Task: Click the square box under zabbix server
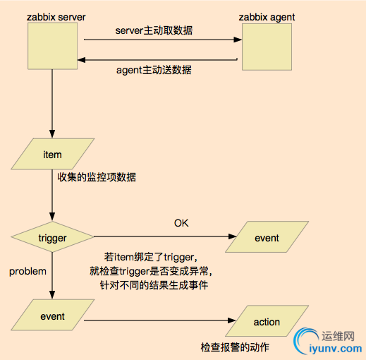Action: (51, 47)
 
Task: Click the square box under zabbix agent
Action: (265, 47)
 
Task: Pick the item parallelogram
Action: (52, 155)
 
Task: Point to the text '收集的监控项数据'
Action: (97, 177)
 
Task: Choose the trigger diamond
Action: (52, 238)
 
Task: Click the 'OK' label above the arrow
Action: (182, 223)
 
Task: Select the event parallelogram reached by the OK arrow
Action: (267, 238)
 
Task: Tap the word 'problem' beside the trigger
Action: (28, 270)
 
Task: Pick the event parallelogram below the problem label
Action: (52, 317)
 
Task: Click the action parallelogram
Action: (267, 322)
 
